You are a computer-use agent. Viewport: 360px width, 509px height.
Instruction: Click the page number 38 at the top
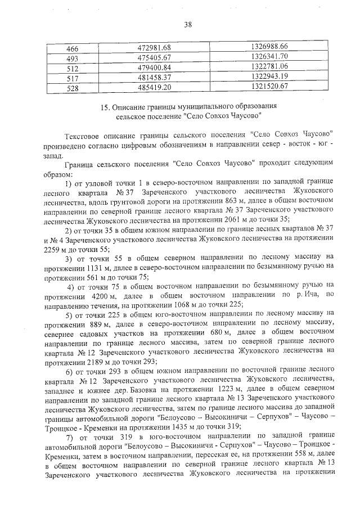[x=188, y=24]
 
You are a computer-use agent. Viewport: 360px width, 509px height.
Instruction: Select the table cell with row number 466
[x=73, y=46]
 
